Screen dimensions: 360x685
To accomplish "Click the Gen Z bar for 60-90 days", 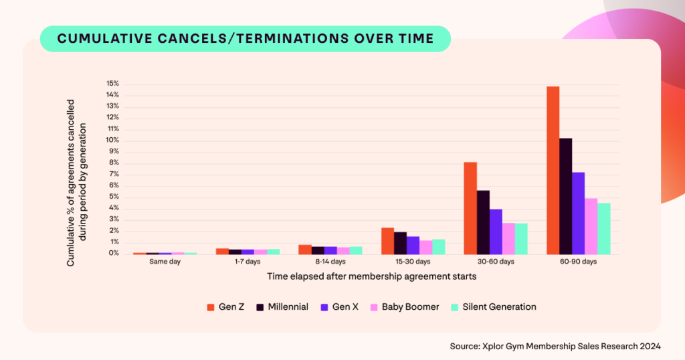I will (553, 170).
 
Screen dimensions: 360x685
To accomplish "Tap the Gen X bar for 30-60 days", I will (495, 232).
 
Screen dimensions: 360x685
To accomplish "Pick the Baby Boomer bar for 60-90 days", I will (591, 226).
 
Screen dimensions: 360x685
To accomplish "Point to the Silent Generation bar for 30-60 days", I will (521, 238).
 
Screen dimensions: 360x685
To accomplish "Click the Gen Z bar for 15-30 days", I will (387, 241).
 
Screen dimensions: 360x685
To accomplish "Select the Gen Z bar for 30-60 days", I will (470, 208).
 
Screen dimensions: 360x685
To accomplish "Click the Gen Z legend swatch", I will (210, 307).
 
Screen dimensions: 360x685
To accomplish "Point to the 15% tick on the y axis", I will (112, 84).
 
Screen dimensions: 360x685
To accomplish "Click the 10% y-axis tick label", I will (112, 141).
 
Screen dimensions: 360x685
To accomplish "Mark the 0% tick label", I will (114, 254).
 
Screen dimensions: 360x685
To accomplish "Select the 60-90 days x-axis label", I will (578, 262).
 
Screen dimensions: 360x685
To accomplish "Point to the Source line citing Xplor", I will (555, 346).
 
